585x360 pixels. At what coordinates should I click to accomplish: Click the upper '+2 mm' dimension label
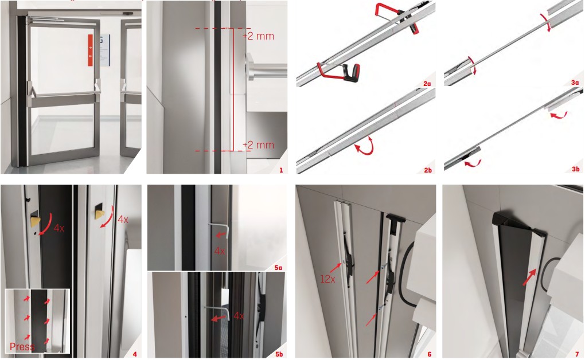(x=258, y=36)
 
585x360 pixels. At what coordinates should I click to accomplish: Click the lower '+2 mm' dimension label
(x=258, y=145)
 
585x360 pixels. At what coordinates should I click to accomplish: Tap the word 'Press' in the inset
(x=22, y=347)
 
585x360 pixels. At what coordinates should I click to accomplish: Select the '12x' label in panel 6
(x=327, y=279)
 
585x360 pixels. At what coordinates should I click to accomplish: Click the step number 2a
(x=427, y=84)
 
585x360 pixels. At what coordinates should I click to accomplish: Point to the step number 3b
(x=576, y=169)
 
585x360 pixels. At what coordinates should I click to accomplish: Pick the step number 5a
(x=278, y=268)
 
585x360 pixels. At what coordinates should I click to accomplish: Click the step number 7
(x=577, y=354)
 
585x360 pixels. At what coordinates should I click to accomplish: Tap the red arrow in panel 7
(x=530, y=277)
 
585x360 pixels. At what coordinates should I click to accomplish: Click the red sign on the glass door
(x=90, y=50)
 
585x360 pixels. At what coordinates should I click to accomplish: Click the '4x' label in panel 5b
(x=239, y=316)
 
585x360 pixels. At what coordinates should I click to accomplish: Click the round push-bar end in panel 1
(x=250, y=67)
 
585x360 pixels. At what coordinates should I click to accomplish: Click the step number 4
(x=135, y=354)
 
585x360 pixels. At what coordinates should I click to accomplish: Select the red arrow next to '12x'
(x=335, y=269)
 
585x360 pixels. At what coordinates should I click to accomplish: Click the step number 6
(x=430, y=354)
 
